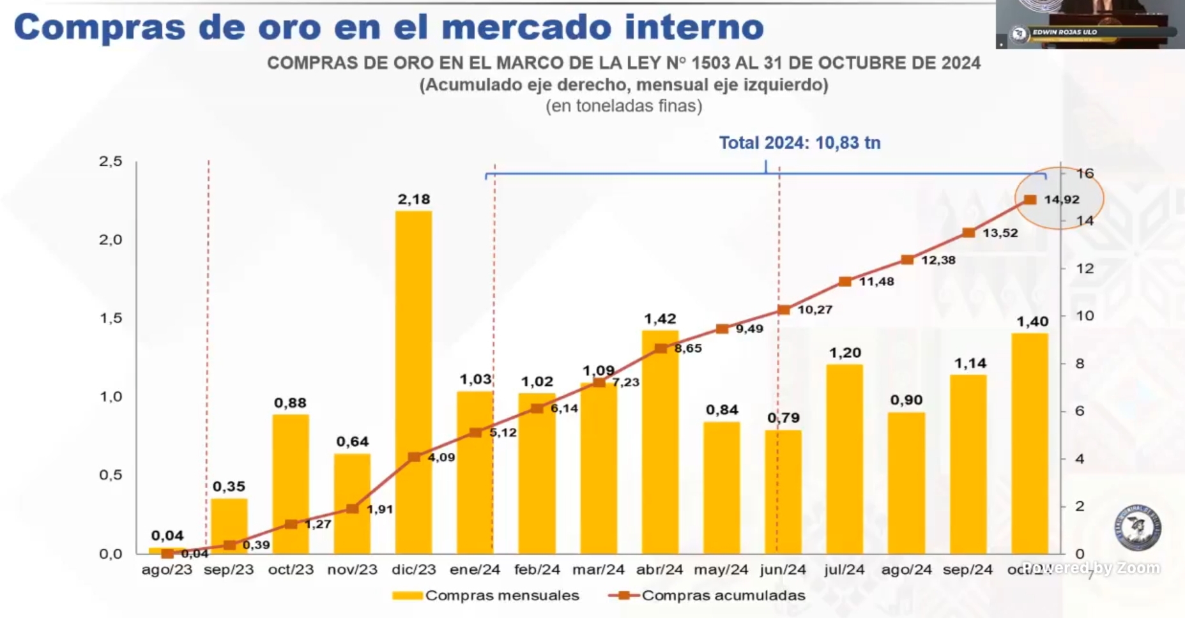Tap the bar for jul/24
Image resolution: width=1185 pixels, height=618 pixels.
pos(845,460)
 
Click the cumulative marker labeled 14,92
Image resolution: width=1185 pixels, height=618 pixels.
pos(1030,200)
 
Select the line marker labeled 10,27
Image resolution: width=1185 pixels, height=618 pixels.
pos(784,310)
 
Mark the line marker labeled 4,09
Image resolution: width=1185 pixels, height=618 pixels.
pos(414,457)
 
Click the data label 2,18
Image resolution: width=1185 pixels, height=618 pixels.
pos(414,199)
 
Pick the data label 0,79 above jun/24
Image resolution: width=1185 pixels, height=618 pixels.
pos(783,418)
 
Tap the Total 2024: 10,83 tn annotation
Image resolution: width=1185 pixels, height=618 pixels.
pos(799,142)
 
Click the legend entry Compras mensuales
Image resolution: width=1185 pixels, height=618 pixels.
pos(501,596)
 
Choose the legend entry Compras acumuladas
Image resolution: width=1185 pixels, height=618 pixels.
pos(722,596)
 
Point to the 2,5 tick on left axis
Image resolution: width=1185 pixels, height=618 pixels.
pos(111,162)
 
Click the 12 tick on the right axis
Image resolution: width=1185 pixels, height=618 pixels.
pos(1084,268)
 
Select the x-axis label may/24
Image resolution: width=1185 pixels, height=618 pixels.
pos(721,569)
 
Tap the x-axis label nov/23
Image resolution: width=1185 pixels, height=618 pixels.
pos(352,569)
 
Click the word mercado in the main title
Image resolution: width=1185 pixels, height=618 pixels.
pos(527,27)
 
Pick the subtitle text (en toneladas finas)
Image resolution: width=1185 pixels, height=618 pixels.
pos(623,106)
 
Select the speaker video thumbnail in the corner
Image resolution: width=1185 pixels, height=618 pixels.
pos(1089,24)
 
